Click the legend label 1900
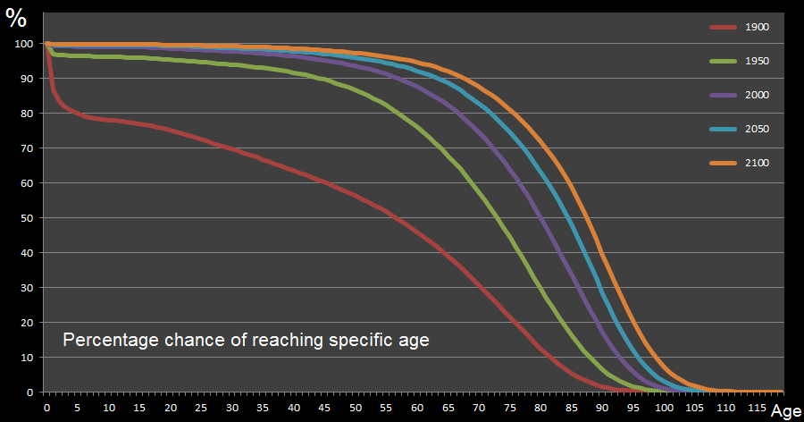pos(758,27)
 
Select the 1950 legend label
pos(758,61)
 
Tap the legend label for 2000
pos(758,95)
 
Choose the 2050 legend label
pos(758,129)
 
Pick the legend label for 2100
pos(758,163)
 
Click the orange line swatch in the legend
pos(723,163)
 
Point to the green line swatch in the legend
pos(723,61)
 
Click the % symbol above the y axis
pos(16,19)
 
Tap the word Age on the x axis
pos(785,411)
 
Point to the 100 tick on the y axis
pos(24,44)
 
